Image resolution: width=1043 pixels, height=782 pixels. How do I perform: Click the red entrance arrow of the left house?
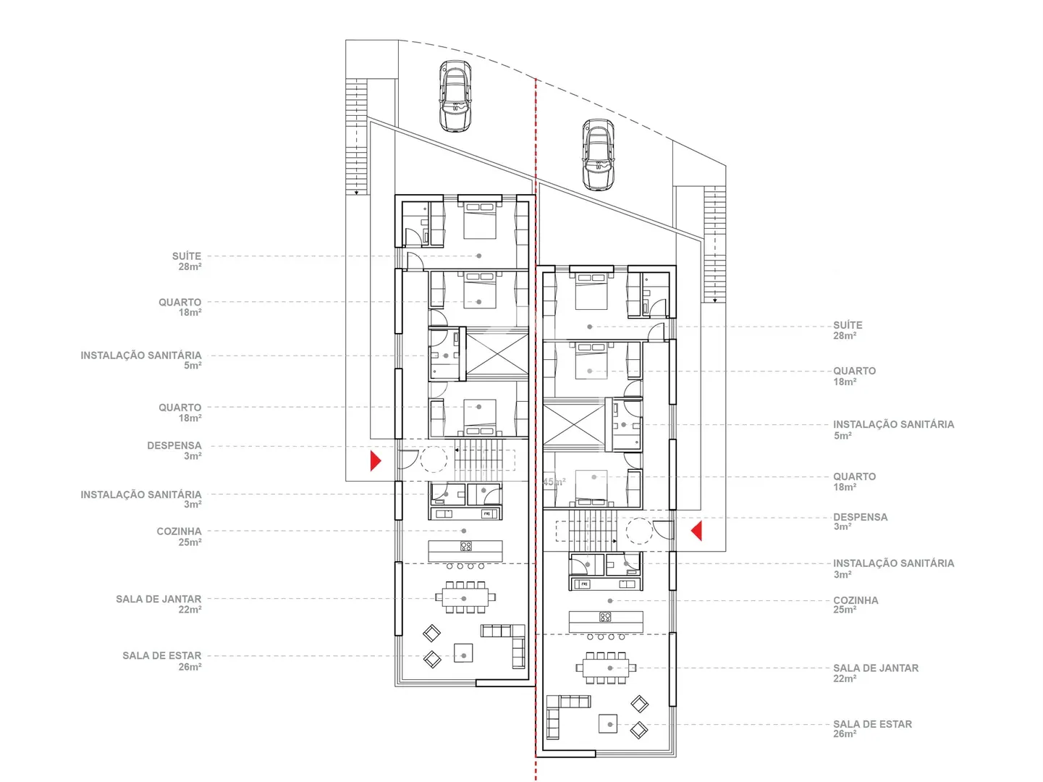pyautogui.click(x=376, y=461)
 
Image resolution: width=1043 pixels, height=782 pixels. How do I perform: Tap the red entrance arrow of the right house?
pyautogui.click(x=696, y=531)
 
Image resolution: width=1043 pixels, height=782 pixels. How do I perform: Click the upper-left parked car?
pyautogui.click(x=455, y=96)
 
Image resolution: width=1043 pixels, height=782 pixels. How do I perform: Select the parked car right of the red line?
pyautogui.click(x=599, y=155)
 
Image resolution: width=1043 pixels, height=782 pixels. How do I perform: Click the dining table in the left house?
pyautogui.click(x=463, y=597)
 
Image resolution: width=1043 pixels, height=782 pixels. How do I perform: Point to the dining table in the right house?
pyautogui.click(x=606, y=668)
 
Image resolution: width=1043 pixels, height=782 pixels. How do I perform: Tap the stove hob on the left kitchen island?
pyautogui.click(x=465, y=546)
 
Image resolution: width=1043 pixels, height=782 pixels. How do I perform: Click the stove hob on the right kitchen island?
pyautogui.click(x=605, y=617)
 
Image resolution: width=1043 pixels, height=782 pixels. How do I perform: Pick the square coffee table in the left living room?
pyautogui.click(x=463, y=652)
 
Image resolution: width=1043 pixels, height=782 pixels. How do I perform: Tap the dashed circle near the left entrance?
pyautogui.click(x=434, y=459)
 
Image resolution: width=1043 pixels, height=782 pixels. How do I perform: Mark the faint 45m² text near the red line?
pyautogui.click(x=554, y=482)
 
